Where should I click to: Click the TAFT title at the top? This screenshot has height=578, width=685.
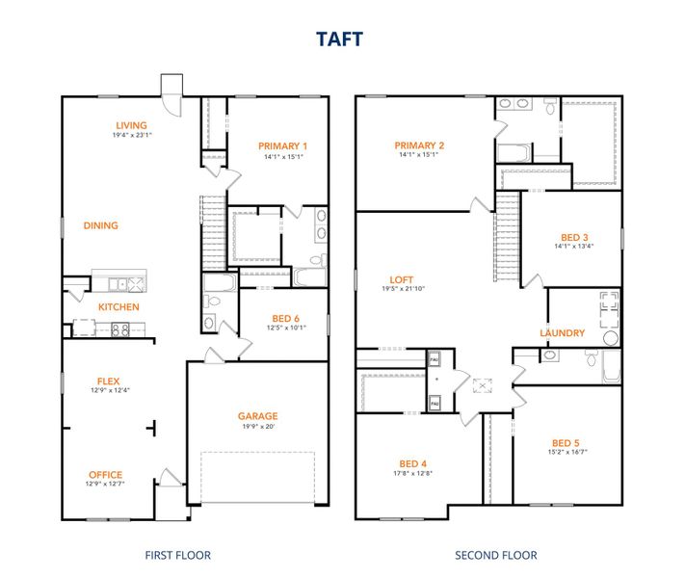(x=342, y=39)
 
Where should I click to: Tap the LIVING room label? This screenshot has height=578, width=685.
(x=131, y=125)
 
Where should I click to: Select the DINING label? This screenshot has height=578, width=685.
(x=100, y=225)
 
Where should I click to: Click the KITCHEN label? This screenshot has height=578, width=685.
(x=119, y=307)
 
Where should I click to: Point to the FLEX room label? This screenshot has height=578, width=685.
(x=108, y=381)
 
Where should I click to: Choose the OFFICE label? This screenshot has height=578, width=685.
(x=105, y=474)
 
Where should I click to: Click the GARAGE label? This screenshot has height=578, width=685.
(x=257, y=416)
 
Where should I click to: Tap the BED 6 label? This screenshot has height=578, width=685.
(x=286, y=318)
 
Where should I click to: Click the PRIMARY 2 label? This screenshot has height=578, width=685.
(x=418, y=145)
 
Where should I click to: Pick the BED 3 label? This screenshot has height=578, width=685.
(x=574, y=237)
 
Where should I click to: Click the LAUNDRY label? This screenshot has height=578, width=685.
(x=562, y=333)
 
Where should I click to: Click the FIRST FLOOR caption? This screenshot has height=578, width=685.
(x=177, y=555)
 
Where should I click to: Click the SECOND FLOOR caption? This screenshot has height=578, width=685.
(x=496, y=555)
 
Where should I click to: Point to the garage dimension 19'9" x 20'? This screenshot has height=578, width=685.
(x=257, y=426)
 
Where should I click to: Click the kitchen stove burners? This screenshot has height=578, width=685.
(x=121, y=329)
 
